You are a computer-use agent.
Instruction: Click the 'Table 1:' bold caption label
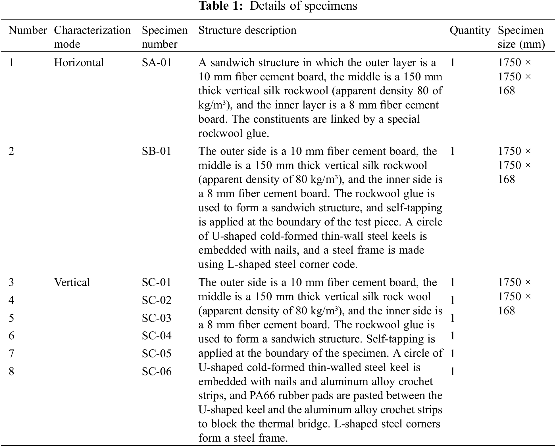click(220, 6)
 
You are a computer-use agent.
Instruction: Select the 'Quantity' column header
click(470, 30)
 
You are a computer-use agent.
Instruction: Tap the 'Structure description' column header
click(247, 30)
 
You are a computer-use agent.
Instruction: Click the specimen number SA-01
click(157, 63)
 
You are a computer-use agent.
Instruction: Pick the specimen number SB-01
click(157, 151)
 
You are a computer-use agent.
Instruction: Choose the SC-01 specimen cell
click(157, 283)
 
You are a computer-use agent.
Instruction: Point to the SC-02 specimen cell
click(157, 300)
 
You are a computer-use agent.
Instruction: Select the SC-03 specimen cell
click(157, 318)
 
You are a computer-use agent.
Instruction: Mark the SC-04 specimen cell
click(157, 336)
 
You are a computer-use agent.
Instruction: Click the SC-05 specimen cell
click(157, 354)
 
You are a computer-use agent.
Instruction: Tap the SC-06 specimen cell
click(157, 372)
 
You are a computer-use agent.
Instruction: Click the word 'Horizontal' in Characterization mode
click(79, 63)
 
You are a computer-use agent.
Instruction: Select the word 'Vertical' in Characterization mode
click(72, 283)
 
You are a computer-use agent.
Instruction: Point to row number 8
click(11, 372)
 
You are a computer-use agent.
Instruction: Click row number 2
click(11, 151)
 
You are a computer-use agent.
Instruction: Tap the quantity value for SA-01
click(453, 63)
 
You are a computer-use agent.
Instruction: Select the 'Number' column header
click(28, 30)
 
